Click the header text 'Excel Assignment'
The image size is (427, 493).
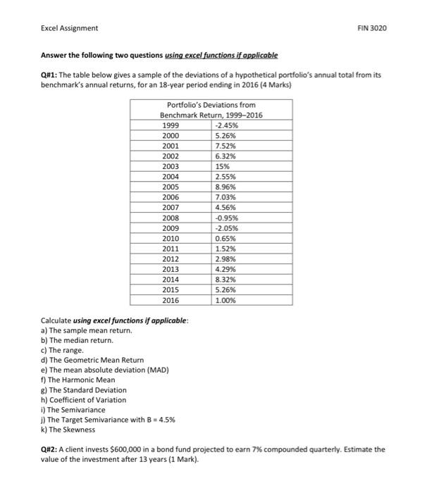(69, 28)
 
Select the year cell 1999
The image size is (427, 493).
(171, 126)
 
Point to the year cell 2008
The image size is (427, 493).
(171, 218)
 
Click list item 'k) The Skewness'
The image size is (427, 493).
(69, 429)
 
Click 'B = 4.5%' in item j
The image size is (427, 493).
(159, 419)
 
